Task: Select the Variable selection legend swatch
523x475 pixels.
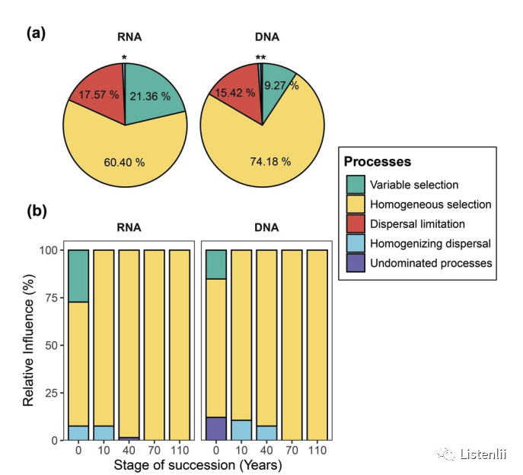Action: tap(354, 185)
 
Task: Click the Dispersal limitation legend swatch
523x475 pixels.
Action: tap(354, 224)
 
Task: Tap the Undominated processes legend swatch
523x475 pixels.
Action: tap(354, 263)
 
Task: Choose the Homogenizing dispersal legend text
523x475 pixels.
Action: tap(430, 243)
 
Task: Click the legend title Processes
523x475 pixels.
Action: tap(378, 162)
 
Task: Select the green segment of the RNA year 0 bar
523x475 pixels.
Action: tap(78, 276)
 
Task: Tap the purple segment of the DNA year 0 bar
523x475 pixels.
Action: tap(216, 429)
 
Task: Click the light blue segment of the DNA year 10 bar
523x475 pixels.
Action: tap(241, 429)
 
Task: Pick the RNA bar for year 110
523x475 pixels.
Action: tap(179, 344)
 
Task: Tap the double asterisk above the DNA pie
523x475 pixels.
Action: tap(260, 58)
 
